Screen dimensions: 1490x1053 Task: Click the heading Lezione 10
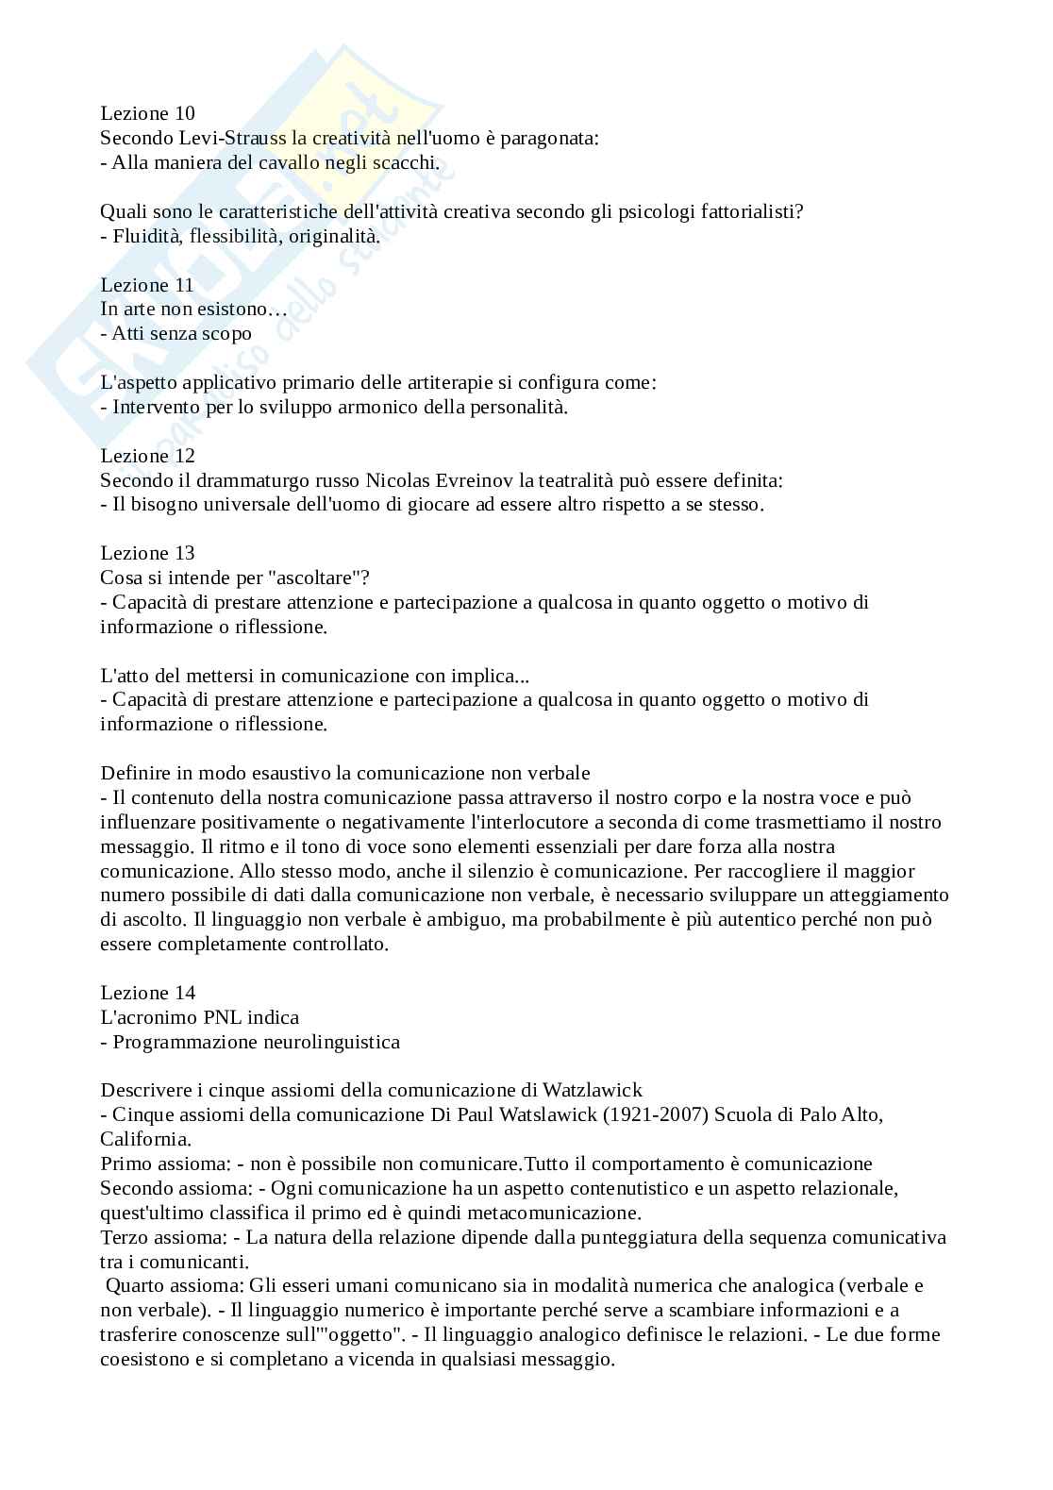pos(147,113)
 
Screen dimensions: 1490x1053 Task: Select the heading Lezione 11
pos(147,285)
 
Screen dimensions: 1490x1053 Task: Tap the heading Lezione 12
pos(147,456)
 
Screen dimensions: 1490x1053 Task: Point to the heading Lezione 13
pos(147,553)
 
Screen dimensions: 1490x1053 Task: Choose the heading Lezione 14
pos(147,993)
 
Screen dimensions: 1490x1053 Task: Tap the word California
pos(145,1139)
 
